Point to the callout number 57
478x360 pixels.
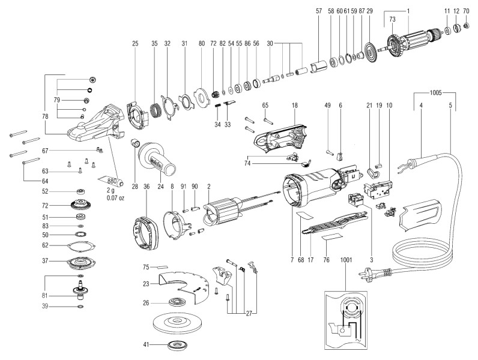318,11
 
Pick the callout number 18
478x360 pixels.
295,105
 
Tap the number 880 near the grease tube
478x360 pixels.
112,180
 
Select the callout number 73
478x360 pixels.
393,20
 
